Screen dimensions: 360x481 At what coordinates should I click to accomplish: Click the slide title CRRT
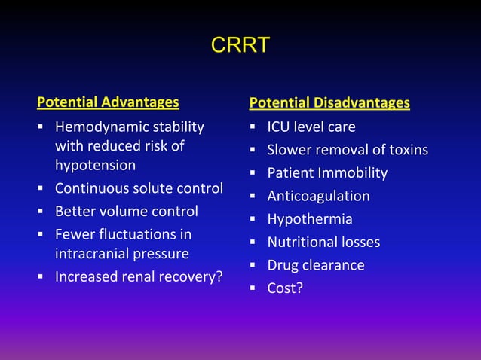click(x=240, y=46)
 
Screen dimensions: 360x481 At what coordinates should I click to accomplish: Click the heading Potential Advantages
click(x=109, y=102)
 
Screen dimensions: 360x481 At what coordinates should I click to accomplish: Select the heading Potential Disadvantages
click(x=329, y=102)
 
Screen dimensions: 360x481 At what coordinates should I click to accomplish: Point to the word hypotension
click(x=95, y=165)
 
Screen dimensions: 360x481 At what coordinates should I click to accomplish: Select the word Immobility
click(x=354, y=173)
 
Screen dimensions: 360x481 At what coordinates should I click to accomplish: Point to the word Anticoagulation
click(x=318, y=197)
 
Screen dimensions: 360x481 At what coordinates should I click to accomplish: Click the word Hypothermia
click(x=310, y=220)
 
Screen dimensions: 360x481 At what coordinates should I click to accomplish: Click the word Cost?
click(x=285, y=288)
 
